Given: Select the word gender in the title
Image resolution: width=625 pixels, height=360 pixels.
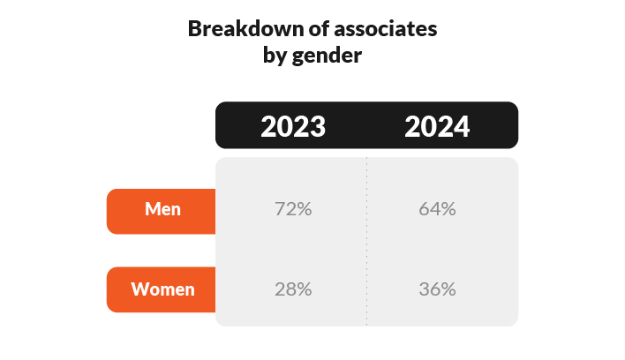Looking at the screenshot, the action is (x=327, y=56).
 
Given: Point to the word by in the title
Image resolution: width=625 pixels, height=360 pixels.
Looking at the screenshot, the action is (x=275, y=56).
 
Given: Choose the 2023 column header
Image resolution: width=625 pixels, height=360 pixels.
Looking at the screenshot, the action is (x=293, y=127).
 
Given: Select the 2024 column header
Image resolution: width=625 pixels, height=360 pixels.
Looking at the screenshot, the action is (x=437, y=127).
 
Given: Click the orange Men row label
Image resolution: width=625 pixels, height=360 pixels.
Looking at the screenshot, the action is (x=161, y=212).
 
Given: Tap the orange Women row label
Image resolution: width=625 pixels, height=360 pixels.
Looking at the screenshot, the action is (x=161, y=289).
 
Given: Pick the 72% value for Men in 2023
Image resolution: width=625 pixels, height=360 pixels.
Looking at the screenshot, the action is (x=293, y=209).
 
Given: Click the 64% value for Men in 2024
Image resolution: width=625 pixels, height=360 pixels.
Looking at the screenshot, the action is (x=437, y=209).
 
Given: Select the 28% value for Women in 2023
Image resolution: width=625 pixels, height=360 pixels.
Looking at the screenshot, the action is (x=293, y=289).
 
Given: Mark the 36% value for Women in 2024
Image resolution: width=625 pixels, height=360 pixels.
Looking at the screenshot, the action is (x=437, y=289).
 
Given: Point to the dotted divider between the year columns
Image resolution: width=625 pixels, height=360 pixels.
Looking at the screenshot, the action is (x=366, y=242).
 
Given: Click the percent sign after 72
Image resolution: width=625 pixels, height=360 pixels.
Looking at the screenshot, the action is (x=305, y=209).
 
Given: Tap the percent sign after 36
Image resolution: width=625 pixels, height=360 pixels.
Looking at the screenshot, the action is (x=448, y=289).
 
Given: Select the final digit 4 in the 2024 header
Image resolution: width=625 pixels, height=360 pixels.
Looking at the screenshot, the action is (x=462, y=127).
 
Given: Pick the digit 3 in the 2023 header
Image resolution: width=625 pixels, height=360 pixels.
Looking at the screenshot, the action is (x=318, y=127).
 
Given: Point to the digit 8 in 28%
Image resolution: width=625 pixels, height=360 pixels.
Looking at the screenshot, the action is (x=291, y=289).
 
